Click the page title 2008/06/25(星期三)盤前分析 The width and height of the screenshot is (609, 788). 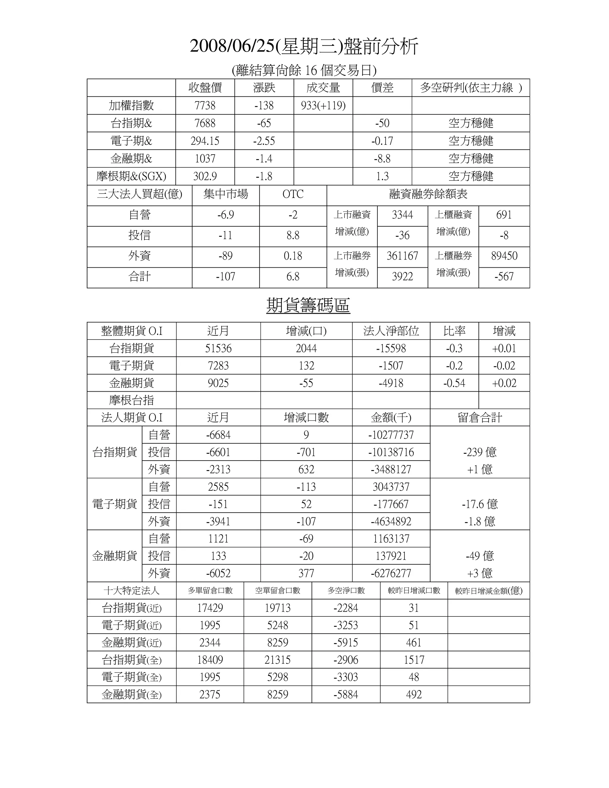(x=304, y=47)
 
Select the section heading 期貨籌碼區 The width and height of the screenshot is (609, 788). (x=308, y=305)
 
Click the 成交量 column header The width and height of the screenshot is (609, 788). (x=323, y=88)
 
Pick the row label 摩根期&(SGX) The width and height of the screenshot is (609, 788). (x=131, y=176)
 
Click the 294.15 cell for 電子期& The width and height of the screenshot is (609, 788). (x=205, y=141)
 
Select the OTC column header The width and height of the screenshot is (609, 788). (x=293, y=194)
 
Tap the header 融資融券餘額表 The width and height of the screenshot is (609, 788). (x=428, y=194)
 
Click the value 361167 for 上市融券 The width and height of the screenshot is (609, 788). (x=402, y=256)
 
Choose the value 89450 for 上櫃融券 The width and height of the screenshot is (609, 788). (x=504, y=256)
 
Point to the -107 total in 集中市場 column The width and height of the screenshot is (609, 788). (x=225, y=277)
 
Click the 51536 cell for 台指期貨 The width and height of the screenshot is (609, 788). (x=218, y=348)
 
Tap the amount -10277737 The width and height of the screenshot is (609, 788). (x=391, y=435)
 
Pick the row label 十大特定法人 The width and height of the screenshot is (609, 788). (x=131, y=591)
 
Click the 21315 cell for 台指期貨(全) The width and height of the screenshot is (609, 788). (x=277, y=660)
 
